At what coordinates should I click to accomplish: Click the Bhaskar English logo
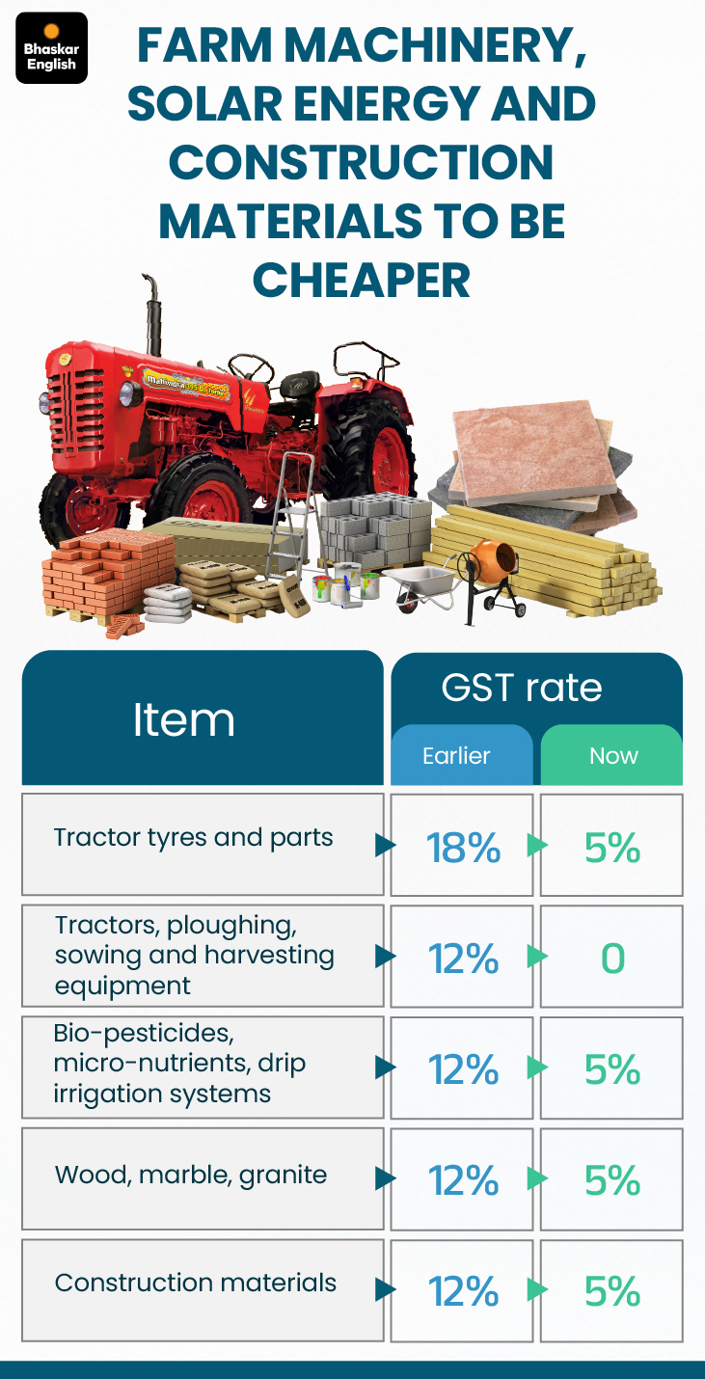tap(52, 48)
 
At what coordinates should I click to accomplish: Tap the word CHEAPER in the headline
tap(362, 280)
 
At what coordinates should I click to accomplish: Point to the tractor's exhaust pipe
tap(151, 314)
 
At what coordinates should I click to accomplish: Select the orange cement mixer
tap(493, 576)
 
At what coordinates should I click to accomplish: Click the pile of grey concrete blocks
tap(374, 528)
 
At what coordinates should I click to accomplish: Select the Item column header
tap(184, 719)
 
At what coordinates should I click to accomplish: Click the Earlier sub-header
tap(456, 755)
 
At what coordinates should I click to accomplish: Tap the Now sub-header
tap(613, 755)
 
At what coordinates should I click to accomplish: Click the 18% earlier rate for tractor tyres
tap(463, 848)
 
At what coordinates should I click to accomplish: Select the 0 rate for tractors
tap(612, 958)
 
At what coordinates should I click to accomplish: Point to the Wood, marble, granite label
tap(191, 1176)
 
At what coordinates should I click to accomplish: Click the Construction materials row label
tap(195, 1283)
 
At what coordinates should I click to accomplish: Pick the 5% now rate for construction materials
tap(612, 1290)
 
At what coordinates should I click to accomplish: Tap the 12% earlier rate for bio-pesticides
tap(463, 1069)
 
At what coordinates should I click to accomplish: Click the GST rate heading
tap(522, 687)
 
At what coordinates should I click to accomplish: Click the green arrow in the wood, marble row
tap(537, 1178)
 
